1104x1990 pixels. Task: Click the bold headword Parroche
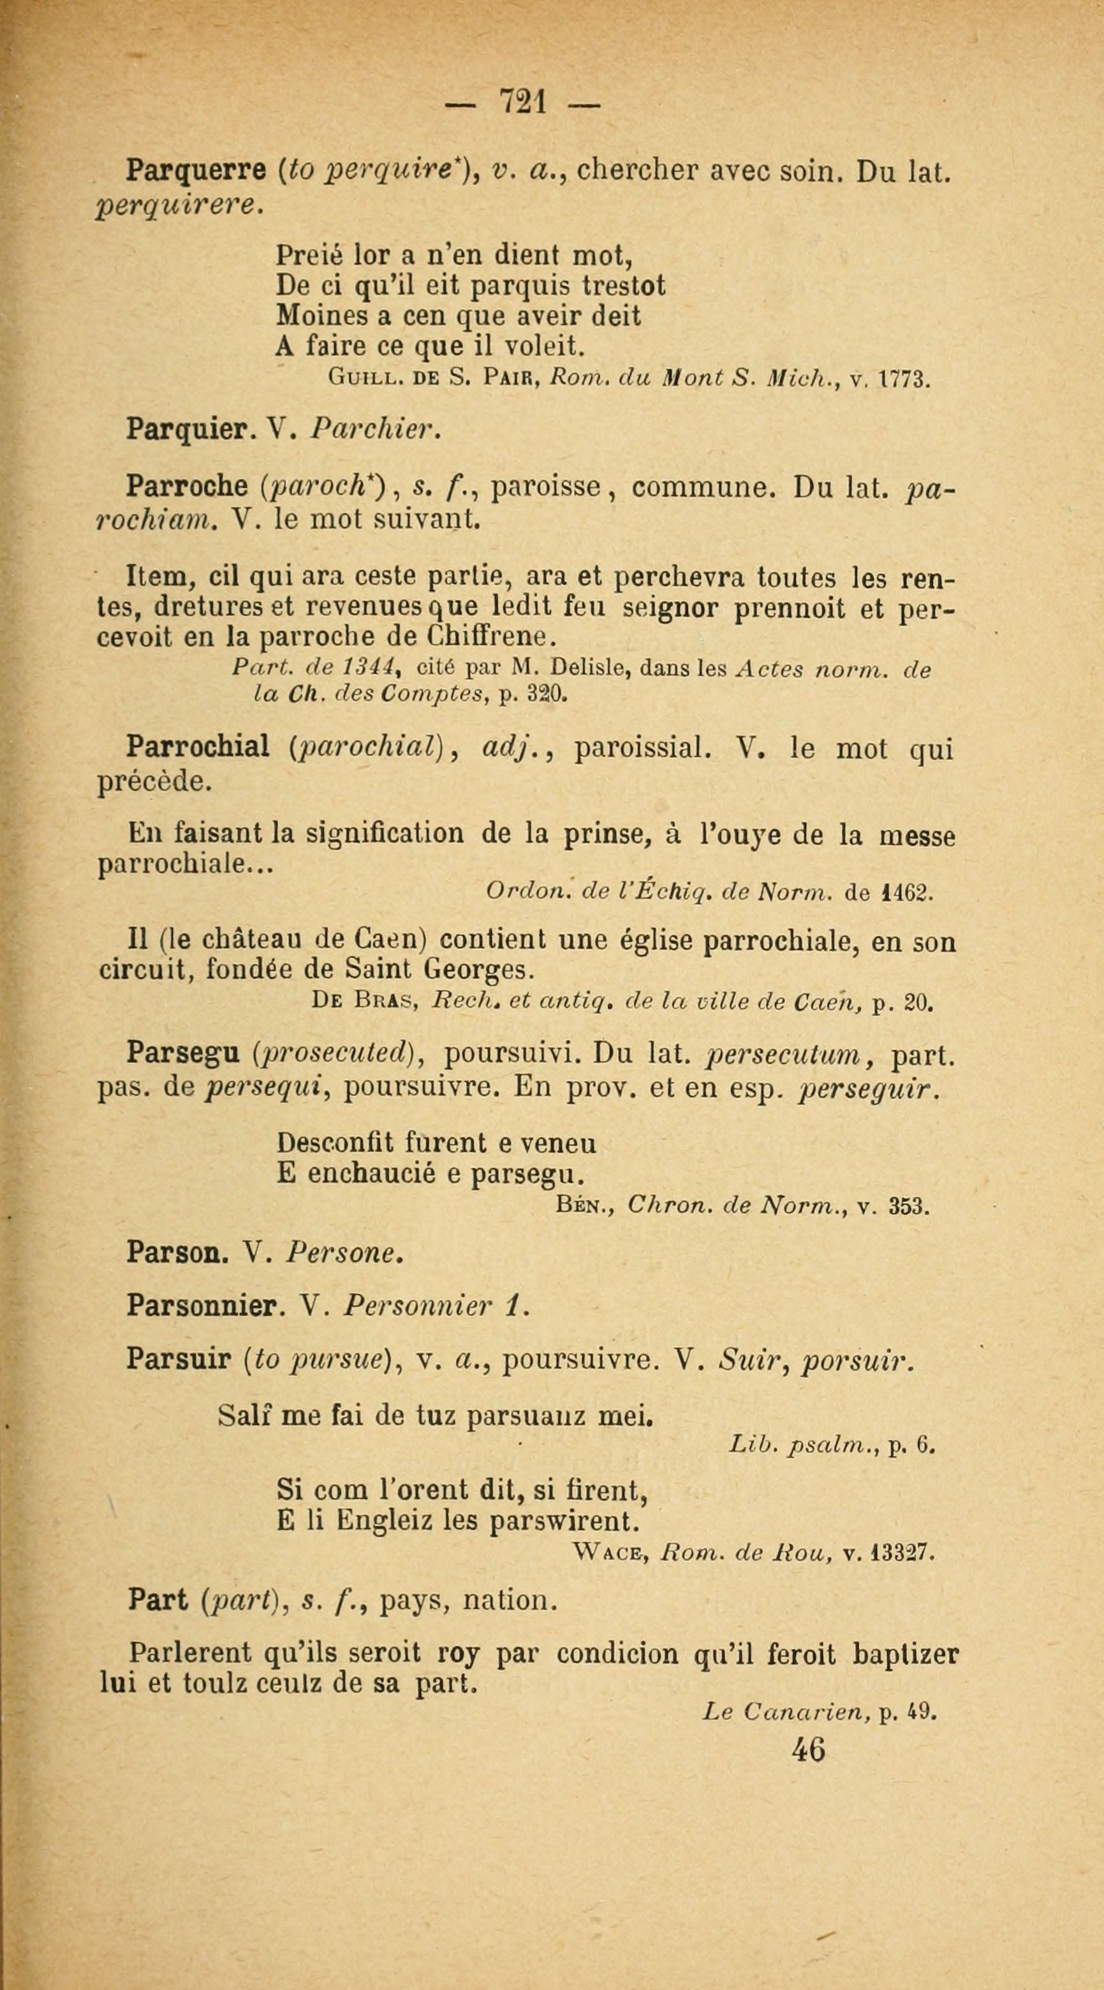[x=186, y=487]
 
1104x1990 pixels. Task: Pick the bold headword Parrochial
[x=198, y=748]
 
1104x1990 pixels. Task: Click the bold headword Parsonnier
[x=202, y=1306]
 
